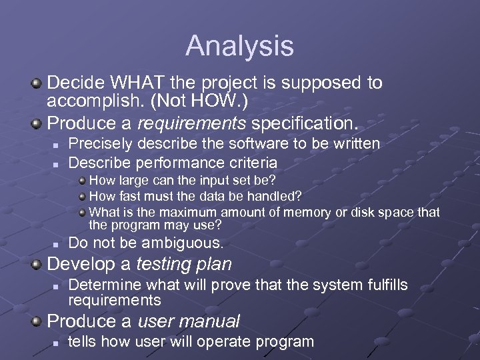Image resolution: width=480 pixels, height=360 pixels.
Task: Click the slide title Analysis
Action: (239, 46)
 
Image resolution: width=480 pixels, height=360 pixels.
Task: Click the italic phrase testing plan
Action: (183, 265)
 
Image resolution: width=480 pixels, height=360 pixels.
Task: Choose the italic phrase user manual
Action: (188, 321)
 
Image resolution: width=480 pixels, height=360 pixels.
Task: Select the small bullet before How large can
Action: (82, 180)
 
